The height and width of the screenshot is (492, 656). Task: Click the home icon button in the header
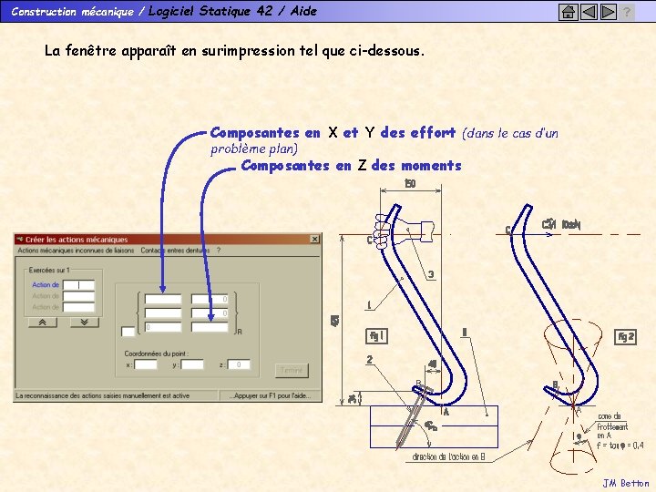point(569,12)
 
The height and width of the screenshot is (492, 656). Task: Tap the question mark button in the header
point(627,12)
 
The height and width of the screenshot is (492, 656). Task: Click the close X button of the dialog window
point(315,240)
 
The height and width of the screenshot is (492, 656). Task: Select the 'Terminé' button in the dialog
point(292,371)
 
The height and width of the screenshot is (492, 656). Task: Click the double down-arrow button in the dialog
point(83,322)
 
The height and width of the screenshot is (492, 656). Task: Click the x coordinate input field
point(146,364)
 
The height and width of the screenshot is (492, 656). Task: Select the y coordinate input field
point(192,364)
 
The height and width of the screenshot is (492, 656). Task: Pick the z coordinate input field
point(239,364)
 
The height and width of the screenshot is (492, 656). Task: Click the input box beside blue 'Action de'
point(78,285)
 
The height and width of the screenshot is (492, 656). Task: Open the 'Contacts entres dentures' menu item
point(175,251)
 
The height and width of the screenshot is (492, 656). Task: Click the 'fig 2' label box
point(626,337)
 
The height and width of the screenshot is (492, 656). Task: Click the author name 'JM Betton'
point(626,483)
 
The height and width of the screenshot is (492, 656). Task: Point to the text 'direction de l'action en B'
point(452,456)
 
